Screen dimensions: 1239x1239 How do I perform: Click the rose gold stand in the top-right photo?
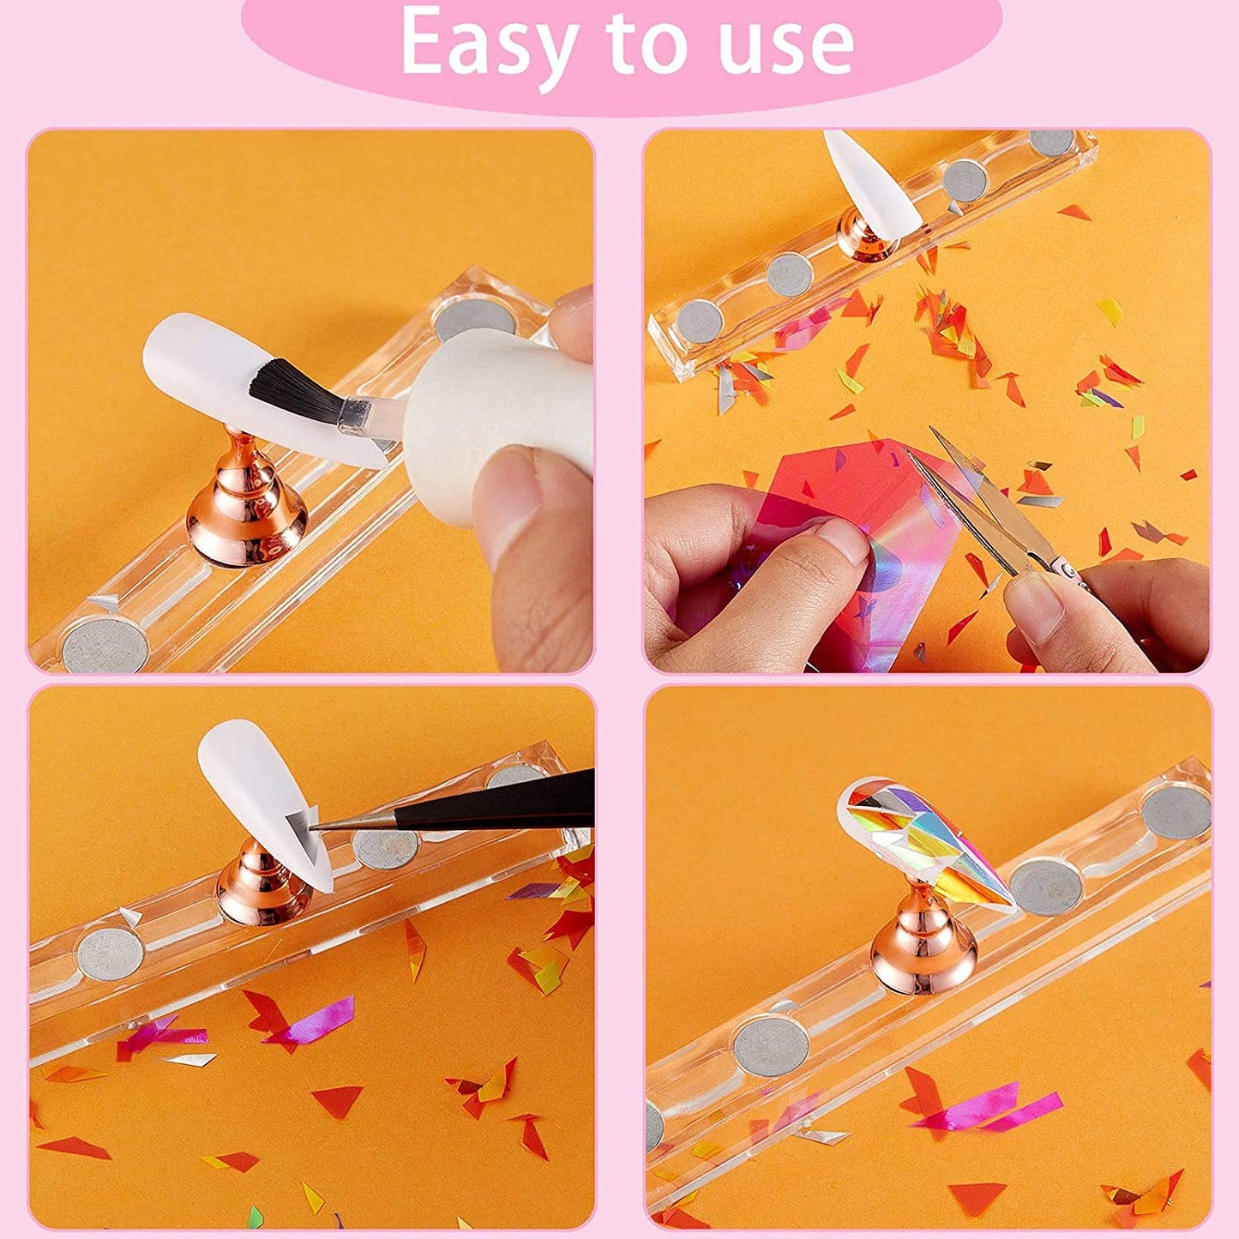(866, 236)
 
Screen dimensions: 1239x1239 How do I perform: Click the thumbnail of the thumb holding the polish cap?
(506, 497)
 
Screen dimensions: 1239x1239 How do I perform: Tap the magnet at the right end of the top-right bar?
(1051, 142)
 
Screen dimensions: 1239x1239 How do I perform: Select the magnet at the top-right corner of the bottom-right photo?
(1176, 811)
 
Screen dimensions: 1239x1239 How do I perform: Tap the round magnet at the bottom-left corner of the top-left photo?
(105, 644)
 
